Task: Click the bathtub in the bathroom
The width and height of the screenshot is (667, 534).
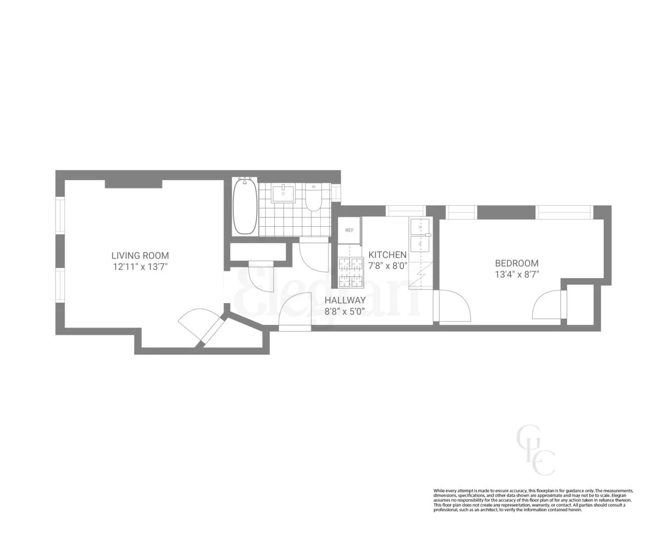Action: pos(245,206)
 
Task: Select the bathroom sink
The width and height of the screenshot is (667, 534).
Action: pos(283,194)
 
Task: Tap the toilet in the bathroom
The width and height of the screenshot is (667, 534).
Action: pos(313,199)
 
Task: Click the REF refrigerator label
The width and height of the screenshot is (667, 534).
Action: pos(349,230)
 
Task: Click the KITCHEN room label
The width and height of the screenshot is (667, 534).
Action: pos(387,254)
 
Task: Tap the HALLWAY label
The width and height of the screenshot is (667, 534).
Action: pos(345,300)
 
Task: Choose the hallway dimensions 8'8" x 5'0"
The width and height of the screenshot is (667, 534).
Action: pos(345,311)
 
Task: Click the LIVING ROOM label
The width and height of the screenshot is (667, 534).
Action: pos(140,255)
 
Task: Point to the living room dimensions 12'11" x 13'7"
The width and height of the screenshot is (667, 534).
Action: pos(140,266)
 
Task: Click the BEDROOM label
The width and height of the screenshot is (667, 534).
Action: pos(517,263)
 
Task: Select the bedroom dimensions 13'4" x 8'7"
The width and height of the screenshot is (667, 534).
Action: pos(517,274)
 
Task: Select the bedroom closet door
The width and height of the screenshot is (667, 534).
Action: pos(547,305)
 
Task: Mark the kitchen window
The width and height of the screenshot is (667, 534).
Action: pos(405,211)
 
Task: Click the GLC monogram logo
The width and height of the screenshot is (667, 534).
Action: pos(536,450)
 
